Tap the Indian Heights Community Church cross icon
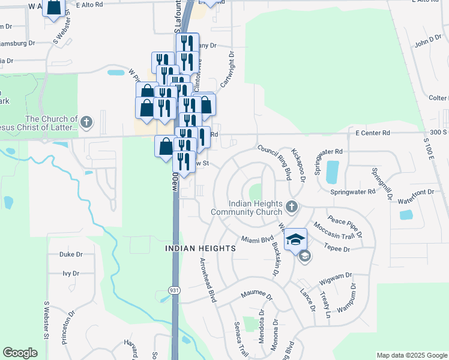click(x=291, y=207)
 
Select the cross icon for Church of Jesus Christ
click(x=86, y=123)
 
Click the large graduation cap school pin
click(x=295, y=240)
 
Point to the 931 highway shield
click(x=174, y=290)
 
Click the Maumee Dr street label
click(x=256, y=295)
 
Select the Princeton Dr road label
click(x=68, y=327)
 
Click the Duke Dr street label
click(x=71, y=254)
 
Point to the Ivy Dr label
click(x=71, y=273)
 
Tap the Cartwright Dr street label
click(x=227, y=69)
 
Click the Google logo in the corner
click(x=20, y=353)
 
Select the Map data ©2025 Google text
click(x=411, y=355)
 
